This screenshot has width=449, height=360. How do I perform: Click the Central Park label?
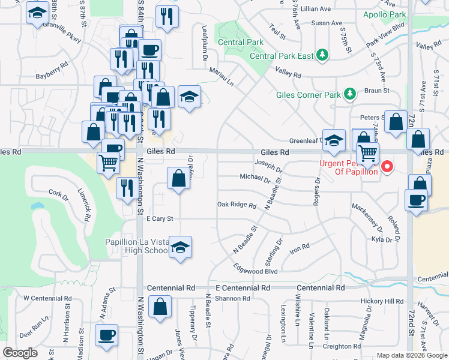pyautogui.click(x=240, y=42)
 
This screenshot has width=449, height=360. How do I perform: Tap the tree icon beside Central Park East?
pyautogui.click(x=323, y=55)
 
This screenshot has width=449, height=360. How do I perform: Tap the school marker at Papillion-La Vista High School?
pyautogui.click(x=180, y=248)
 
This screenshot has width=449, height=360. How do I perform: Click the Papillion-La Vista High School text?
pyautogui.click(x=136, y=247)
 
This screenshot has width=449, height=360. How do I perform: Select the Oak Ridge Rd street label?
pyautogui.click(x=237, y=205)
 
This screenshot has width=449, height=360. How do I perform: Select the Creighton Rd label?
pyautogui.click(x=340, y=346)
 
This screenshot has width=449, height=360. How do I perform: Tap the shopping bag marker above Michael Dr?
pyautogui.click(x=178, y=178)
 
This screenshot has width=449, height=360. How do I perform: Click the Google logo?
pyautogui.click(x=20, y=353)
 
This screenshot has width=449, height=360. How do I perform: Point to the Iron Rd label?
pyautogui.click(x=299, y=247)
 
